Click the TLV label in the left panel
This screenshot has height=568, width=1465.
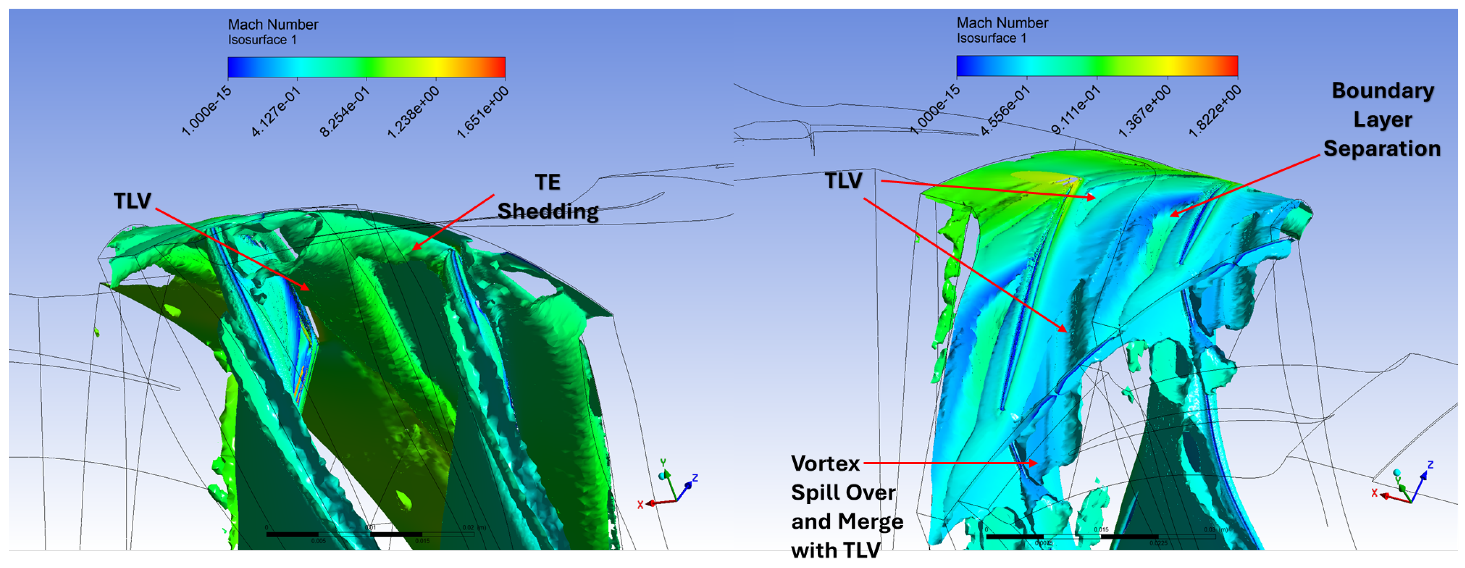click(x=132, y=201)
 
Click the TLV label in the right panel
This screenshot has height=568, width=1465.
click(x=843, y=181)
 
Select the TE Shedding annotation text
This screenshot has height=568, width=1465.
click(x=548, y=197)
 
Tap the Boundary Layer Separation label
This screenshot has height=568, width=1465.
click(x=1382, y=119)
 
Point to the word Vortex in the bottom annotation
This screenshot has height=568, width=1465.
click(x=825, y=463)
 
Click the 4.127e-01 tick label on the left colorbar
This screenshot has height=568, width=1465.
click(x=276, y=112)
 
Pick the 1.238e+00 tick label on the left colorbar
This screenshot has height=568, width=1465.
click(x=413, y=112)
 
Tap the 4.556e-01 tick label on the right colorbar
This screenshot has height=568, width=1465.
click(x=1005, y=110)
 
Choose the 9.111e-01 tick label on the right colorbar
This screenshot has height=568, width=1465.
click(x=1075, y=110)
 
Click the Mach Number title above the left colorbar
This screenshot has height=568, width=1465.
click(x=273, y=24)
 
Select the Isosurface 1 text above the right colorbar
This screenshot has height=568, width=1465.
click(x=991, y=38)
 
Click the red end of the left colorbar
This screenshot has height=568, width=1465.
click(x=499, y=67)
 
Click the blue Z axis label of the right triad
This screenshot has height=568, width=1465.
click(x=1430, y=465)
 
